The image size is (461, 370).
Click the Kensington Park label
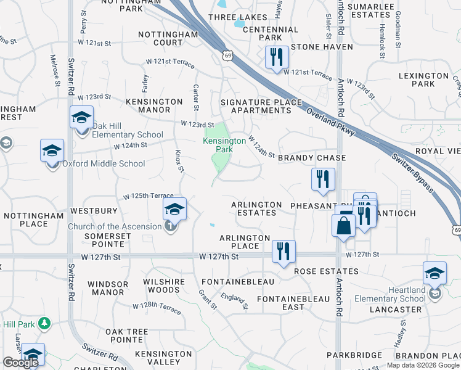tap(224, 145)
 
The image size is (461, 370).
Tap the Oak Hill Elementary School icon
tap(81, 117)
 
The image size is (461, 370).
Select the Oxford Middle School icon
tap(52, 150)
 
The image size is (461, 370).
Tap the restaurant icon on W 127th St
tap(284, 251)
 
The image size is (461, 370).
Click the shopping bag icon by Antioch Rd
tap(343, 225)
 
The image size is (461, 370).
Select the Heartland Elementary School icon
tap(434, 273)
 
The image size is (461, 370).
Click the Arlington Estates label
tap(256, 208)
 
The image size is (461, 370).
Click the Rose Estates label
tap(326, 271)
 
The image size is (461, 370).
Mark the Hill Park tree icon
tap(44, 323)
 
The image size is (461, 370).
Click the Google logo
tap(20, 363)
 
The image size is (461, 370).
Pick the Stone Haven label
tap(322, 47)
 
